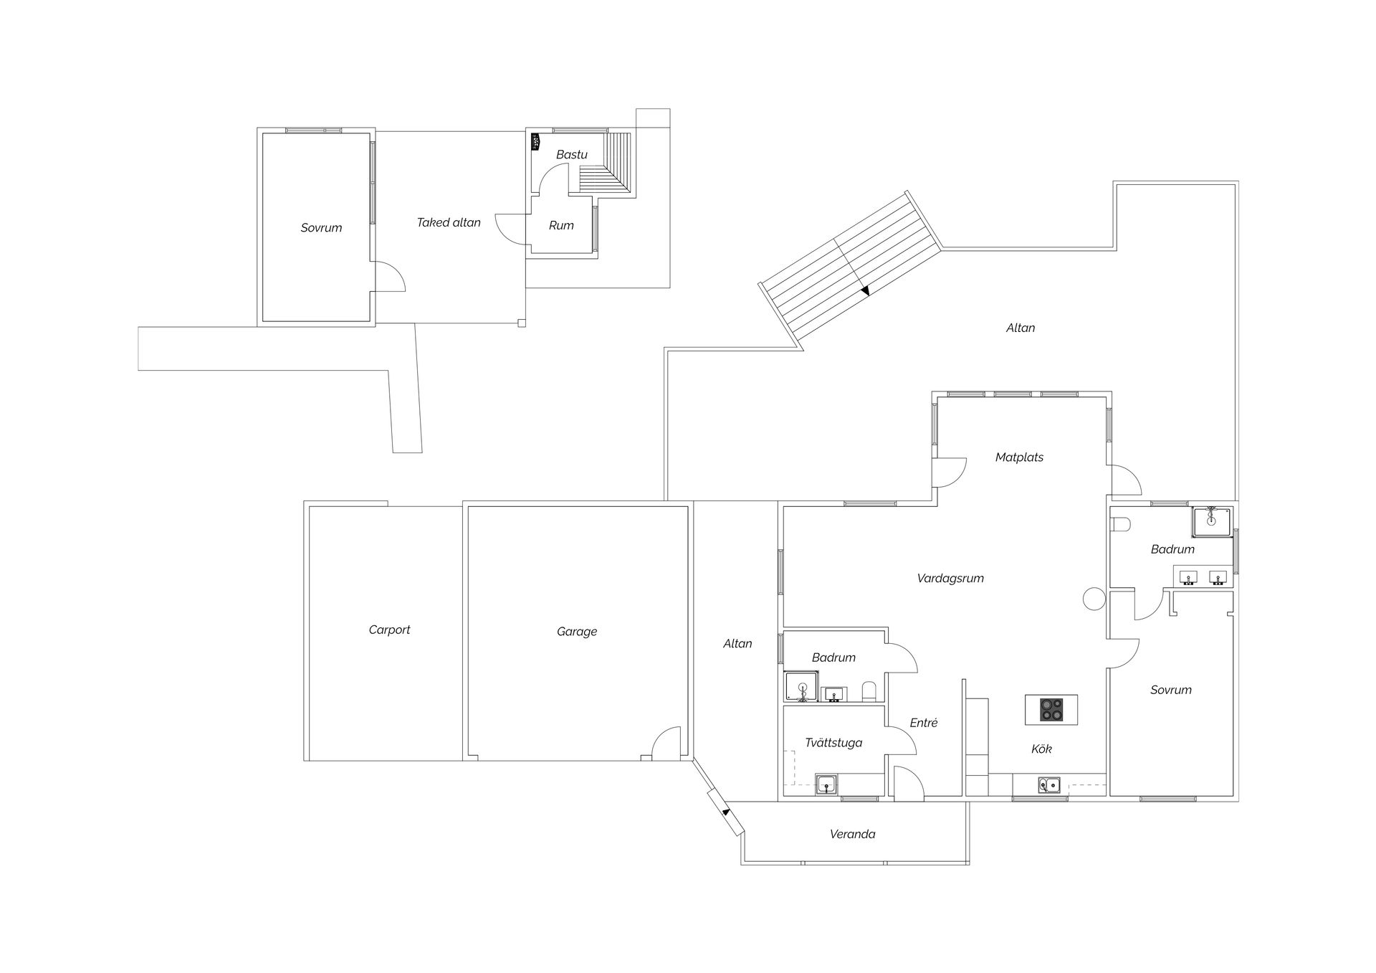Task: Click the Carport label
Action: [389, 630]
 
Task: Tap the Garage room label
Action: [577, 632]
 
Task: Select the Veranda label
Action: [852, 834]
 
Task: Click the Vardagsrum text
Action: [950, 579]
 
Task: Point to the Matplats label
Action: [1019, 457]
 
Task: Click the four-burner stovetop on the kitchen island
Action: [1051, 710]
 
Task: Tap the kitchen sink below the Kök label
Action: [1048, 785]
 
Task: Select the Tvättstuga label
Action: [833, 743]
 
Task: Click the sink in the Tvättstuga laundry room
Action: [827, 785]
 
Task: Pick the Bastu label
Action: [572, 154]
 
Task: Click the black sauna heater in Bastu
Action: [535, 142]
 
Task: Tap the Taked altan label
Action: [449, 223]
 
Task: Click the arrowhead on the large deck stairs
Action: [865, 290]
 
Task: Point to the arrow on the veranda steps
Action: [725, 812]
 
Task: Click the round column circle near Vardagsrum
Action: [1094, 599]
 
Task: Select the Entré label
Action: [924, 723]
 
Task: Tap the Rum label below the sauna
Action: [561, 226]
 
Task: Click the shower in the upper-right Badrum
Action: [1212, 522]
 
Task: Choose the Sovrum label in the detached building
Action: [321, 228]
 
